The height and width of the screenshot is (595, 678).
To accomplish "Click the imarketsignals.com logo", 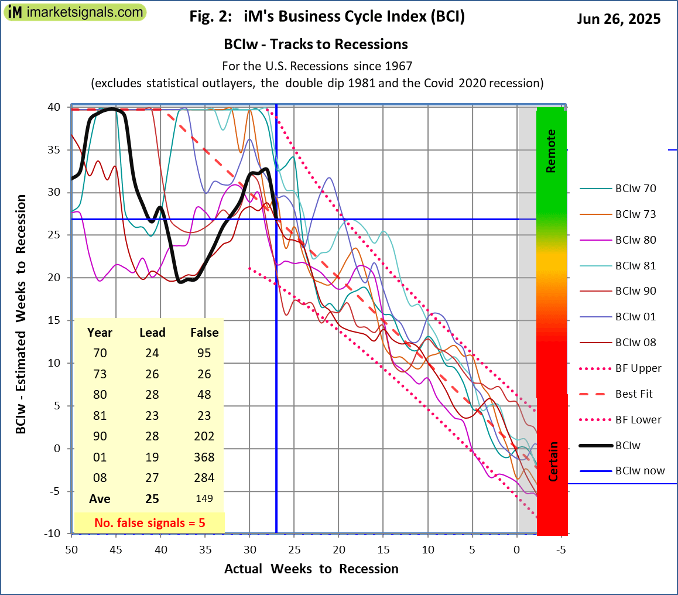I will [x=74, y=12].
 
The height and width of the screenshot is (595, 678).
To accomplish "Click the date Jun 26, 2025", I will [x=619, y=19].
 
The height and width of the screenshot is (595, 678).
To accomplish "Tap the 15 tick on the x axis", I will [x=383, y=550].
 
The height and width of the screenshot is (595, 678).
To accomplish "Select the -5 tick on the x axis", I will [x=561, y=550].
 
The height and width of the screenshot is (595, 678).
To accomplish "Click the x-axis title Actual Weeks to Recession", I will [x=311, y=569].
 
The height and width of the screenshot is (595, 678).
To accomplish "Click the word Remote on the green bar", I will [x=550, y=151].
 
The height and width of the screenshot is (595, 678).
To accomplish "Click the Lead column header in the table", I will [x=152, y=333].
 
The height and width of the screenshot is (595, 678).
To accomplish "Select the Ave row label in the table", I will [x=100, y=500].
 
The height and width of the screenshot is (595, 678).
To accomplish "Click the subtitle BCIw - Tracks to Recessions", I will [x=316, y=45].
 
